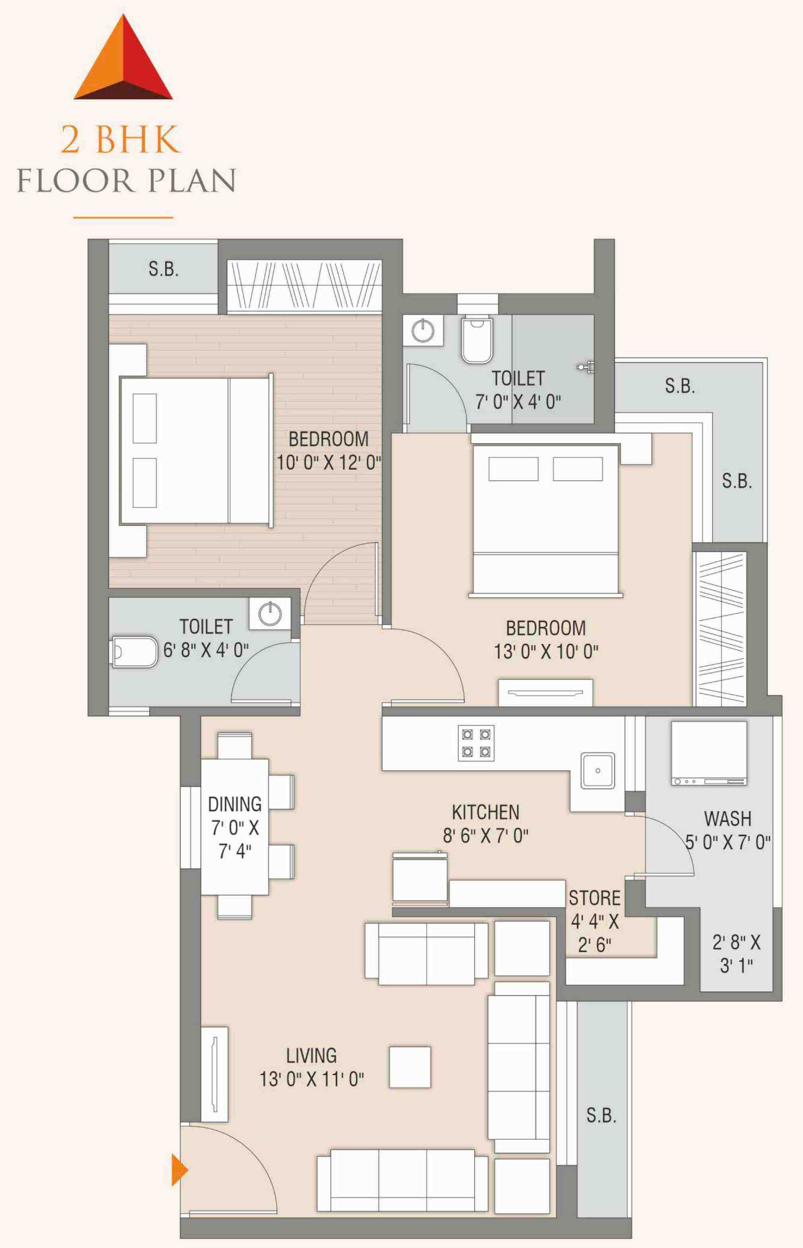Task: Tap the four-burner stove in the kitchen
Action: coord(476,743)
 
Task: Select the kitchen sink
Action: coord(598,770)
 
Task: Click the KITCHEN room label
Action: coord(486,812)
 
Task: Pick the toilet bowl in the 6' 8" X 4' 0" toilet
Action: coord(134,652)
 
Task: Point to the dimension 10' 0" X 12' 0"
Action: coord(329,462)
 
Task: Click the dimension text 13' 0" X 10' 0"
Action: coord(546,651)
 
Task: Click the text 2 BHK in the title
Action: coord(121,139)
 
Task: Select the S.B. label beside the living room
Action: coord(601,1115)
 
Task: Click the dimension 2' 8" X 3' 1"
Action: coord(736,954)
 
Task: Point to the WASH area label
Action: coord(727,818)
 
